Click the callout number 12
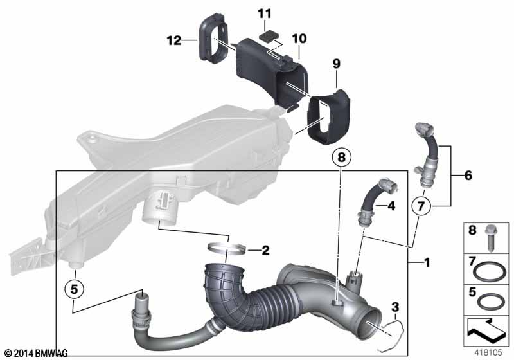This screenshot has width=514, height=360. [174, 40]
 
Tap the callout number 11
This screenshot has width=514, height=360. [265, 14]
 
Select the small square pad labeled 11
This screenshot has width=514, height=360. [269, 35]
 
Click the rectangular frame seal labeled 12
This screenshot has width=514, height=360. [213, 38]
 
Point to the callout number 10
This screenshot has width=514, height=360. [299, 39]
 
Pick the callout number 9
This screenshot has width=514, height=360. [337, 64]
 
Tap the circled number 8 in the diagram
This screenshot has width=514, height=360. [342, 157]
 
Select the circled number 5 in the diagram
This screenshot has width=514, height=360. [75, 289]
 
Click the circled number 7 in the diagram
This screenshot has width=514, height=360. [421, 206]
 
